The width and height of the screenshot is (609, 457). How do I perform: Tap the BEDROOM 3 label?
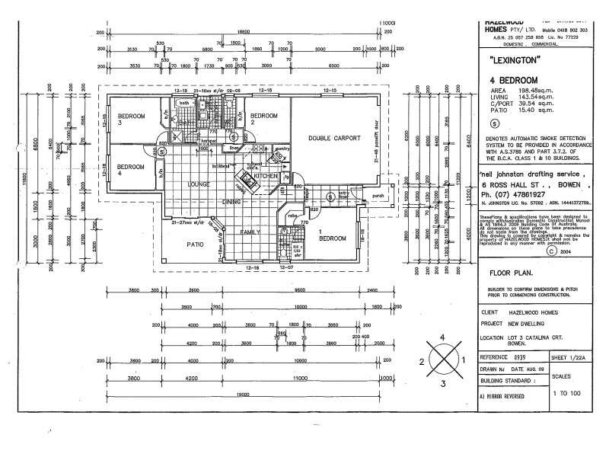(131, 119)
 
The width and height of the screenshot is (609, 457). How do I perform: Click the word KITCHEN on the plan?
(266, 176)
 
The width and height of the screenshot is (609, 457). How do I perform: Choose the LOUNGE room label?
(199, 184)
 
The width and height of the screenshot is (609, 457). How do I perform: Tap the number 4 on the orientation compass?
(442, 336)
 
